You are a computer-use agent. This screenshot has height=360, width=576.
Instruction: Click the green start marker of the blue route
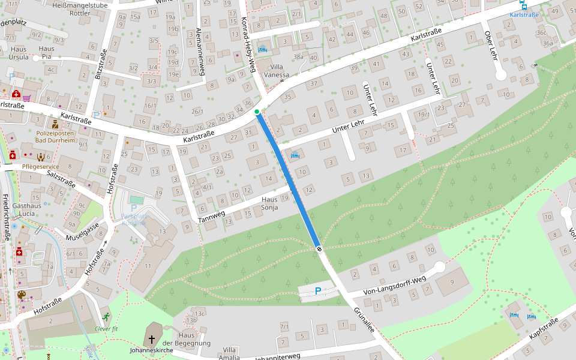[257, 112]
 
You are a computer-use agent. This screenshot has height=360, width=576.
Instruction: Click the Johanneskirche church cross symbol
[152, 338]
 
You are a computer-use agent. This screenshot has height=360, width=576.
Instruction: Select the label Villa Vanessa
[277, 71]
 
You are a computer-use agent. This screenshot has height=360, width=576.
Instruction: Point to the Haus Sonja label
[269, 203]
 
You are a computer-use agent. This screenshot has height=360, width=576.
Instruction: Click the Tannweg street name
[212, 217]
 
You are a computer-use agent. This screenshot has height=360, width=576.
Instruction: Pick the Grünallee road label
[364, 320]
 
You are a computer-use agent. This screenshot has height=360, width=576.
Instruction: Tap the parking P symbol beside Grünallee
[318, 291]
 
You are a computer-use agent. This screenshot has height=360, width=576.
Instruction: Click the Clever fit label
[107, 328]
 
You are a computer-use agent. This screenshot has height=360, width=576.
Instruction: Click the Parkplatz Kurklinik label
[134, 218]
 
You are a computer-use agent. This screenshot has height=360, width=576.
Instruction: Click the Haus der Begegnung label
[190, 339]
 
